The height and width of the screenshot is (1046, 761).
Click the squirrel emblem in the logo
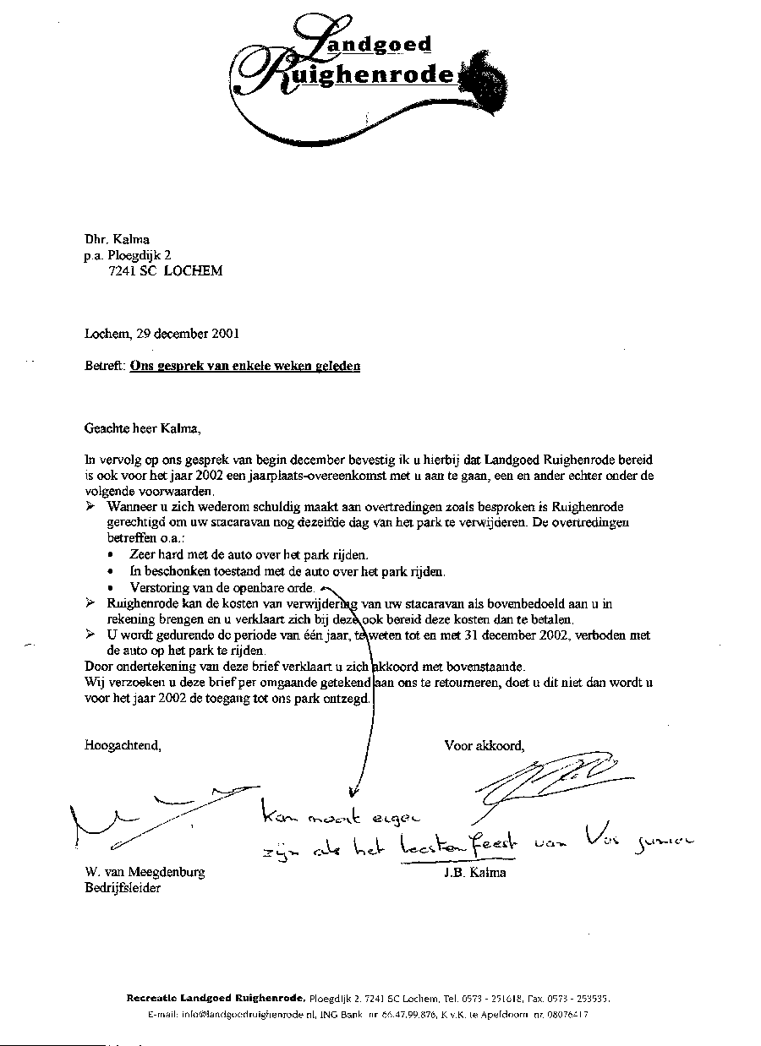(490, 80)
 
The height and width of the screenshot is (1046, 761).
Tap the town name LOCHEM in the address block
(194, 271)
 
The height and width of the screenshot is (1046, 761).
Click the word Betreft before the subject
(105, 366)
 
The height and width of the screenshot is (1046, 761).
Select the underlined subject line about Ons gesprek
(245, 366)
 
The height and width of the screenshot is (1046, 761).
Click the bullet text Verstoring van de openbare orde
(222, 587)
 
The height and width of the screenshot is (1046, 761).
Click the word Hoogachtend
(123, 745)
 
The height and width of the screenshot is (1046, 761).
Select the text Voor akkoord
(485, 745)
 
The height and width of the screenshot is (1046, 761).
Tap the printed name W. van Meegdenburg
(145, 872)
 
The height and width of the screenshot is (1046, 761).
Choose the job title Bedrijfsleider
(123, 888)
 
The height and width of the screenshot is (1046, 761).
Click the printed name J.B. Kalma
(474, 872)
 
